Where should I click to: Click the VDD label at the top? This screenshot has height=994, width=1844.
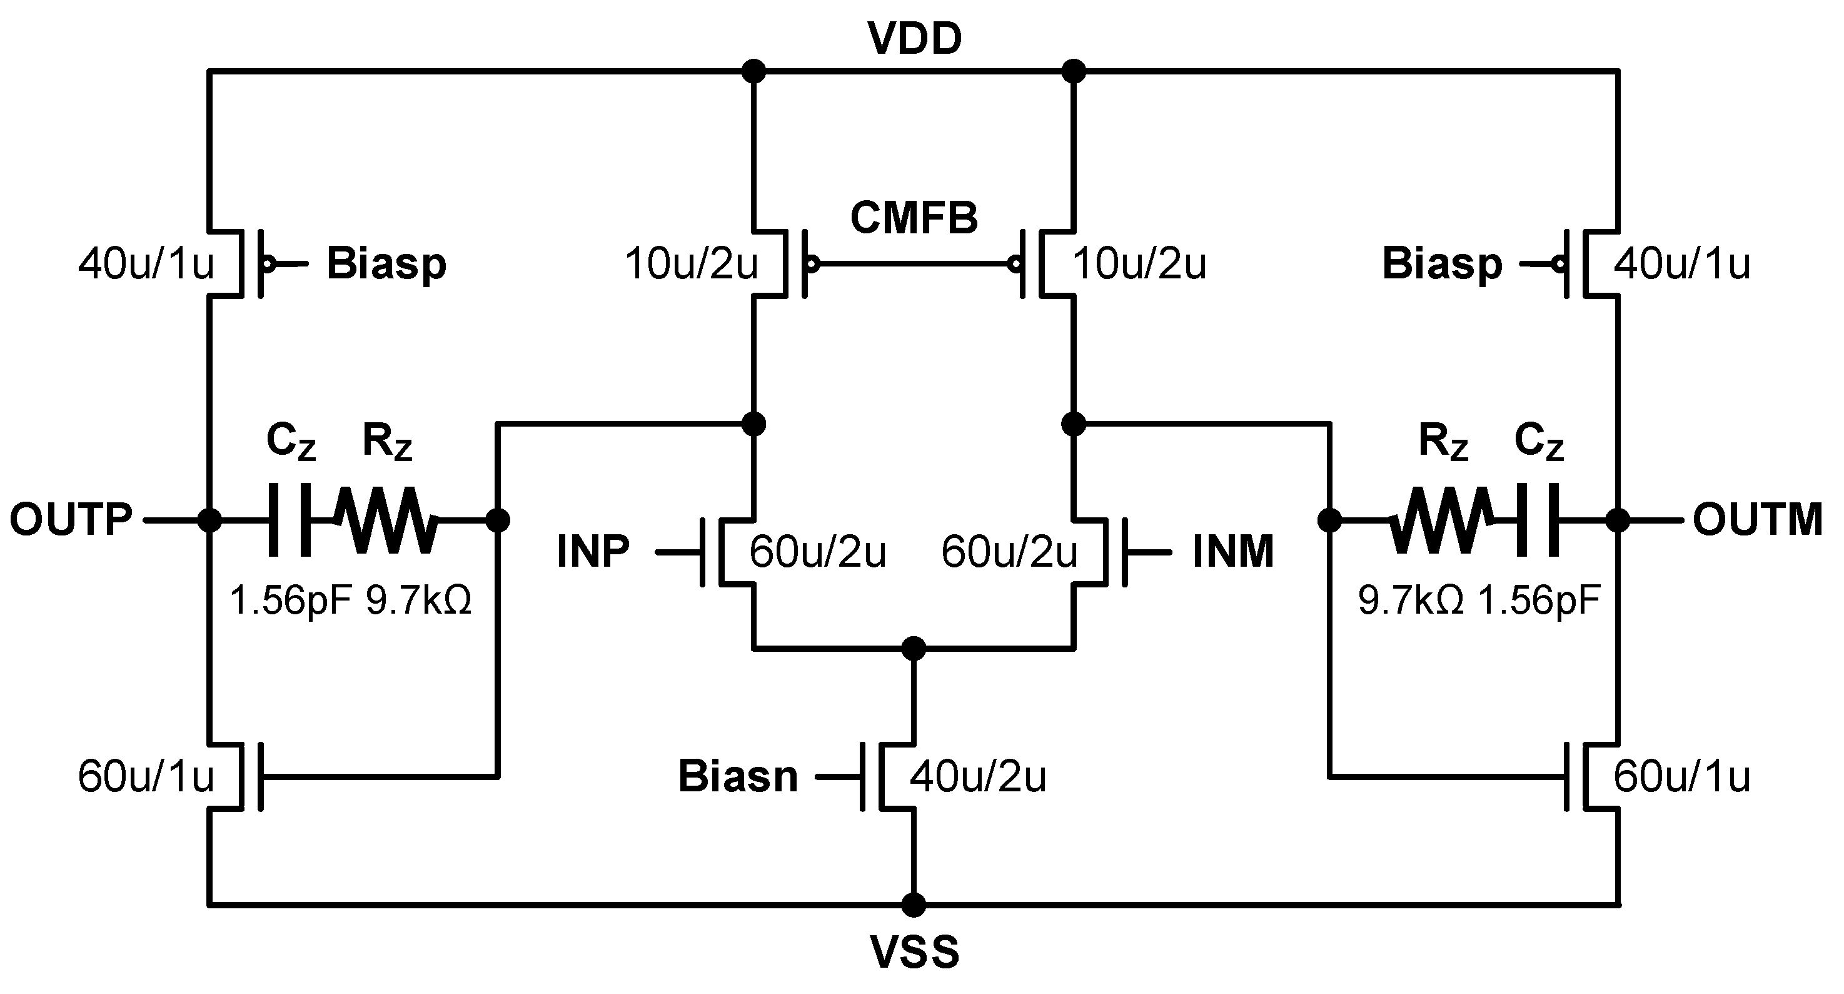point(914,39)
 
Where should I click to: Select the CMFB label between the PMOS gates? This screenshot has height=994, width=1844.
point(914,218)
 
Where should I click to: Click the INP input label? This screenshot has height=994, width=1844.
point(593,552)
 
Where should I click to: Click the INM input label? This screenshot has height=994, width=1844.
point(1232,552)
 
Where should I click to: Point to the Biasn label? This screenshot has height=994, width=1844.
point(738,776)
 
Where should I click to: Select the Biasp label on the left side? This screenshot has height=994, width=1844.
point(386,263)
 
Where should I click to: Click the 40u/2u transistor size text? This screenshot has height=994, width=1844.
point(978,776)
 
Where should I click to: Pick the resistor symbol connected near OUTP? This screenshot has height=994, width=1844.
point(386,520)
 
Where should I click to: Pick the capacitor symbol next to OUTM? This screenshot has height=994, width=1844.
point(1538,520)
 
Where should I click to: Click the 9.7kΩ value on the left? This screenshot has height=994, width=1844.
point(419,600)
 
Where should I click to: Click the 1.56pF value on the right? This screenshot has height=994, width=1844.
point(1539,600)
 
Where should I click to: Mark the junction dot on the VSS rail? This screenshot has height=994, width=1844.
point(914,905)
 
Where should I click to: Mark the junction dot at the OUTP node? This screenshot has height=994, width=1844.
point(209,520)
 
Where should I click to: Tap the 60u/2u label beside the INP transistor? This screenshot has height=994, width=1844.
point(817,552)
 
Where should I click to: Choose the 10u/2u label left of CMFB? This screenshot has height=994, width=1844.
point(692,263)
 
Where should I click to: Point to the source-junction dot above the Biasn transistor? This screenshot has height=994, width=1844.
point(914,649)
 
